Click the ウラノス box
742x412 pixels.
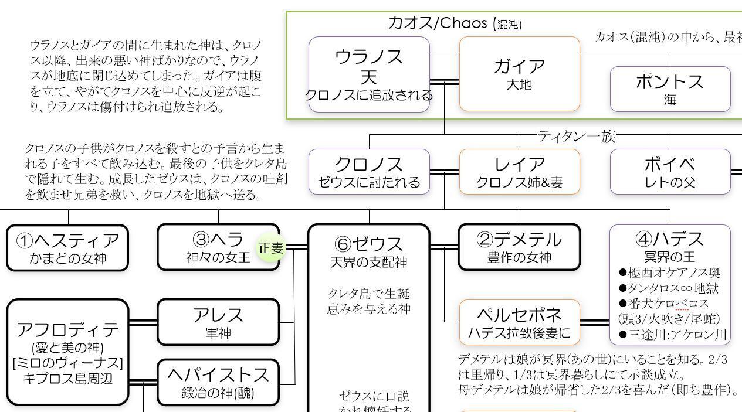tap(369, 74)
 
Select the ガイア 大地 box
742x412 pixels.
tap(519, 74)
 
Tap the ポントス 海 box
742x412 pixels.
tap(670, 89)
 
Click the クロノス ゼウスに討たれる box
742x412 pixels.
tap(369, 172)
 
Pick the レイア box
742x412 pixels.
tap(519, 172)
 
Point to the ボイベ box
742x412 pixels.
tap(670, 172)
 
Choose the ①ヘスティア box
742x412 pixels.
tap(68, 248)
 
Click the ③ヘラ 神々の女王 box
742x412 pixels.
tap(218, 247)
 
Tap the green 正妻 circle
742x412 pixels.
tap(271, 248)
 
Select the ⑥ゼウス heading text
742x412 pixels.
tap(368, 243)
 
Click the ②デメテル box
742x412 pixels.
tap(519, 247)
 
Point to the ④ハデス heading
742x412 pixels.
tap(669, 239)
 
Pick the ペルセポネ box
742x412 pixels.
tap(519, 322)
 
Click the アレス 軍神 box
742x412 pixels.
tap(218, 322)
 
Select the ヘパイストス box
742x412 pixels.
tap(218, 382)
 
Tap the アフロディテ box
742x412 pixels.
tap(68, 352)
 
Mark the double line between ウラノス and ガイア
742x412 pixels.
tap(445, 81)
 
